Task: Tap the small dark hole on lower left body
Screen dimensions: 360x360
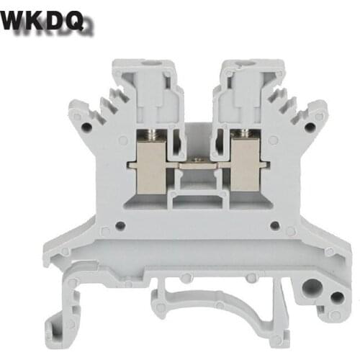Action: click(104, 231)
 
